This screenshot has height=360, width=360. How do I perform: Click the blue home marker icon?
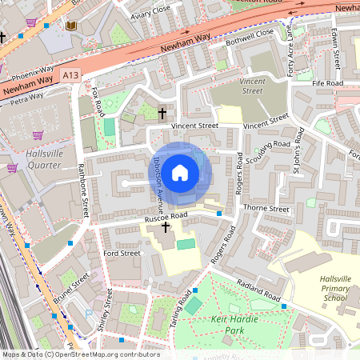[x=180, y=172]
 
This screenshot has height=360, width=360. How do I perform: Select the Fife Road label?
[x=328, y=82]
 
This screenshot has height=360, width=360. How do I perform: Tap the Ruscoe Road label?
[x=166, y=216]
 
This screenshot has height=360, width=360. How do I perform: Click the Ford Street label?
[x=122, y=253]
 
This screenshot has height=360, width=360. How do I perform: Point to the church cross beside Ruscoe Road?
[x=166, y=228]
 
